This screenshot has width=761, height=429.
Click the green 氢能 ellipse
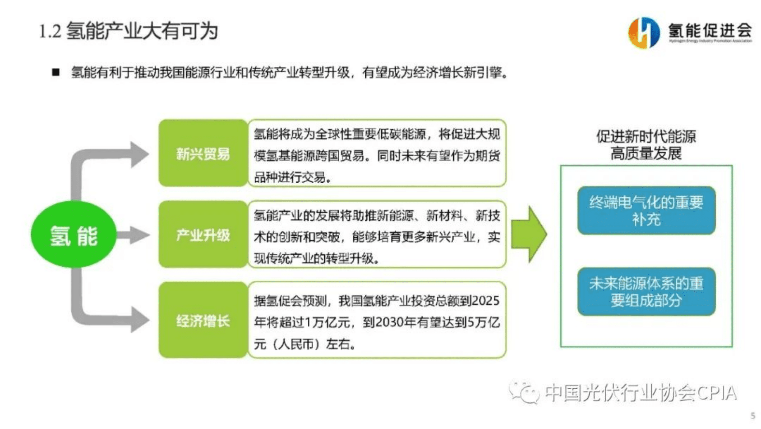73,235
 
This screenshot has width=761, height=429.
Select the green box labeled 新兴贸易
203,153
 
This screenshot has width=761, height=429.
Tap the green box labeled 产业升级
203,235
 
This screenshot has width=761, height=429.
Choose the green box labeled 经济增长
203,320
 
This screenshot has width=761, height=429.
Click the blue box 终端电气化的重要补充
646,210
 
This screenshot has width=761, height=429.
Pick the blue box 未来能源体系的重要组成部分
646,292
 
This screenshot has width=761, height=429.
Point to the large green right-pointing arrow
529,234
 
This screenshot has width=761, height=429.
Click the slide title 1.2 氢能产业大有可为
128,31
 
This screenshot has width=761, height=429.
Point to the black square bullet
56,72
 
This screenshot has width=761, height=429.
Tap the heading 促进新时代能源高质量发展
646,145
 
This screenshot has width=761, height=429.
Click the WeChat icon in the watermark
525,392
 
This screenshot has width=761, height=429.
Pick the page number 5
753,416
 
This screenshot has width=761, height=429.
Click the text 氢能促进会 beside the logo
710,30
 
